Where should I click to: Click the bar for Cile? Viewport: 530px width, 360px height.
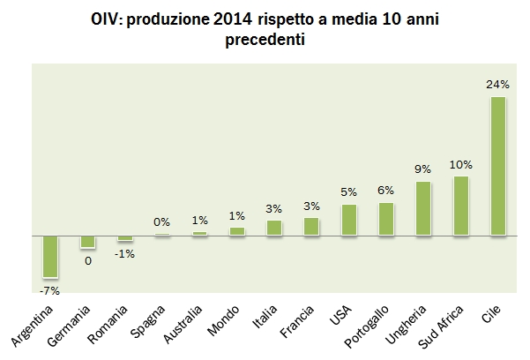point(498,166)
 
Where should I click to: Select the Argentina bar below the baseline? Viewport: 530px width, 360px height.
point(50,256)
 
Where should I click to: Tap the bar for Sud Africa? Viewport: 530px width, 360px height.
point(461,206)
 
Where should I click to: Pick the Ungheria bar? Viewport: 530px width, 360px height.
point(423,208)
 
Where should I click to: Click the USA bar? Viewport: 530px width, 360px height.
point(349,220)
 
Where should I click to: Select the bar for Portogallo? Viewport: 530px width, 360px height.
point(386,219)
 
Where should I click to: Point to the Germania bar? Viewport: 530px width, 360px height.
point(87,242)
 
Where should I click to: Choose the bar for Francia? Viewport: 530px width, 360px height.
point(311,226)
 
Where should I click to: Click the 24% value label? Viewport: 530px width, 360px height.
point(498,85)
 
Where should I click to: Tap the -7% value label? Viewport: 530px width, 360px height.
point(49,289)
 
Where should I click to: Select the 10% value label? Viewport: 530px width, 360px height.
point(460,164)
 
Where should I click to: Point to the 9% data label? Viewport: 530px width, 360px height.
point(423,169)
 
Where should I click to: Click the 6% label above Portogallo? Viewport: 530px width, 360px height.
point(386,191)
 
